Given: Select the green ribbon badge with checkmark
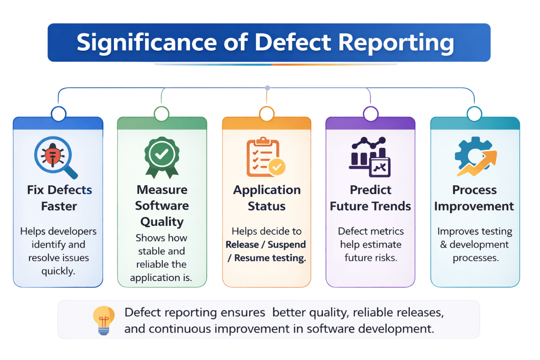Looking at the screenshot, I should [x=162, y=155].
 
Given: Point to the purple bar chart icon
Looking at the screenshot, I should [x=370, y=156].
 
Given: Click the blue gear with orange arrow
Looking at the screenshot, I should [x=475, y=156].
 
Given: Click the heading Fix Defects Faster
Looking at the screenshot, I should [x=59, y=198].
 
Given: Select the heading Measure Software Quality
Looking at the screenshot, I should [x=162, y=206].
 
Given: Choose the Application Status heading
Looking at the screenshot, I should [x=267, y=198].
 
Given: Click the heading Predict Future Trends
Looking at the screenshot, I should [x=370, y=198].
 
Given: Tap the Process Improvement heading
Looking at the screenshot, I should [x=474, y=198].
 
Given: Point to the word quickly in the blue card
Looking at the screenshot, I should [x=58, y=271].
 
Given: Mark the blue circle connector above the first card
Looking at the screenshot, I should [x=58, y=114].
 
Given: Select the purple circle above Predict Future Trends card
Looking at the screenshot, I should [x=370, y=114].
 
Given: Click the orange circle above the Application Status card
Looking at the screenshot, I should [x=267, y=114].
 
